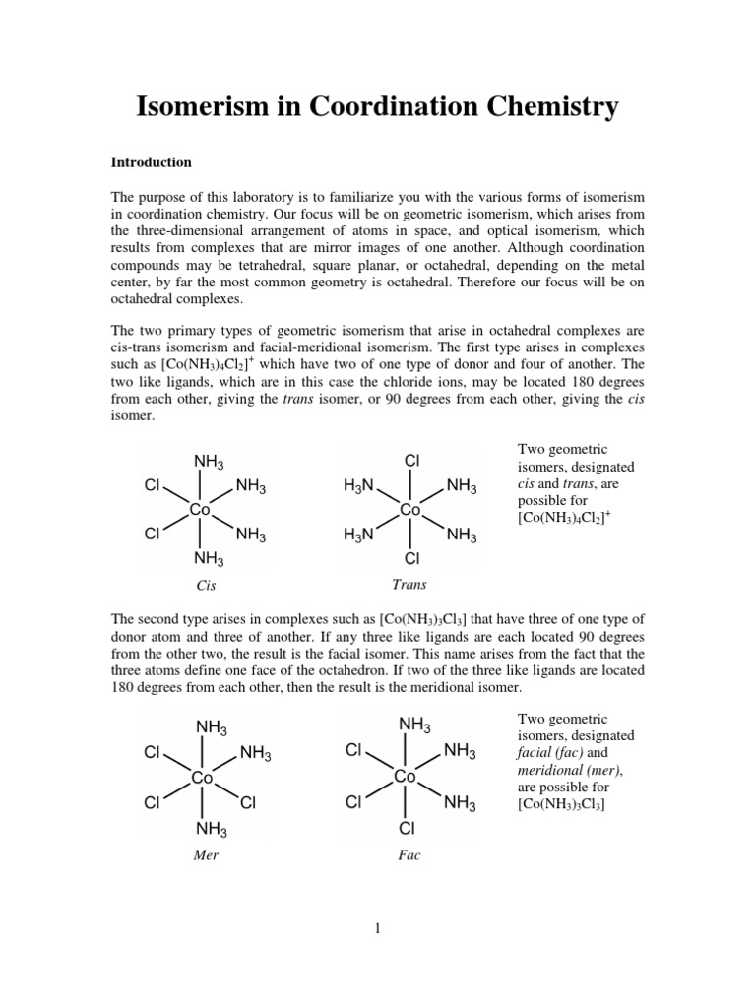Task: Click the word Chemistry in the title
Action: (546, 105)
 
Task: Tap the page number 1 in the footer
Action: (377, 926)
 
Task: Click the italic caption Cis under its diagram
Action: (206, 585)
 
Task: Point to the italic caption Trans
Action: (409, 584)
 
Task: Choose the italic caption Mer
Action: (206, 855)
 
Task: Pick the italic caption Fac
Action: (409, 855)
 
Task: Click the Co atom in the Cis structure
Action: (200, 510)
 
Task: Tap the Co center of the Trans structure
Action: (410, 510)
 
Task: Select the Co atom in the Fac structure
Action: (406, 777)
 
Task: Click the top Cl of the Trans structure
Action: (411, 461)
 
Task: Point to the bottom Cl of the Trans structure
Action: (411, 559)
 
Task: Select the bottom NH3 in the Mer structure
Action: (212, 829)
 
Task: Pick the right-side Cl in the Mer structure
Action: (248, 803)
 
